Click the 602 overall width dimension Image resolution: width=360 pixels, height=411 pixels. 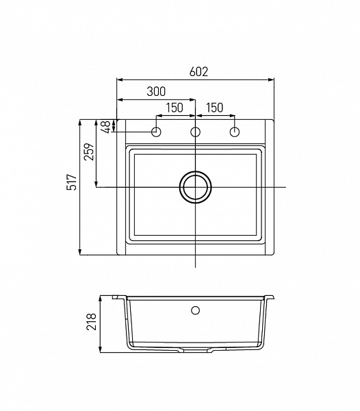click(x=198, y=71)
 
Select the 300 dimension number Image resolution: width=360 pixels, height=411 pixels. click(x=156, y=92)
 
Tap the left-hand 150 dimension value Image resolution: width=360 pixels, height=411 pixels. click(x=175, y=108)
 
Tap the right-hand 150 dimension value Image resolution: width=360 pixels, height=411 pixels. click(x=214, y=108)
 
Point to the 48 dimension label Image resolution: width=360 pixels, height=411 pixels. click(x=106, y=127)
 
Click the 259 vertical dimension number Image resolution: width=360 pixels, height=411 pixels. click(x=88, y=151)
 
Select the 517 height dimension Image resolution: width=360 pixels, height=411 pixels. click(x=72, y=182)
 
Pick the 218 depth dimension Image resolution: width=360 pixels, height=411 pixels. click(x=92, y=321)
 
